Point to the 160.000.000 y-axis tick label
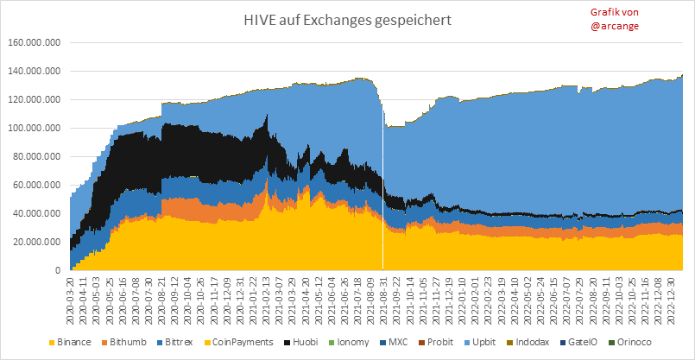tap(34, 42)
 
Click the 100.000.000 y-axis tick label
tap(34, 128)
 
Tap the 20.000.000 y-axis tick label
tap(36, 242)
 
